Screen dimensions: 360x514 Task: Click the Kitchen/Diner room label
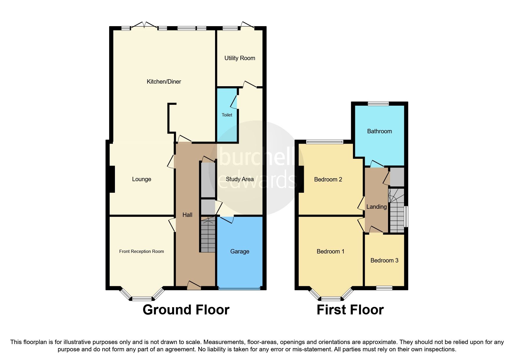[164, 82]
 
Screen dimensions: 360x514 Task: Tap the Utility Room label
[239, 58]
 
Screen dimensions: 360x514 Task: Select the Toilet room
[227, 115]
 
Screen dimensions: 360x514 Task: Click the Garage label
[239, 251]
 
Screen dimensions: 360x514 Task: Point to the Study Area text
[239, 179]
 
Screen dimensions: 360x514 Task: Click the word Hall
[187, 215]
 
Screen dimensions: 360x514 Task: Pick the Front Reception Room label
[141, 251]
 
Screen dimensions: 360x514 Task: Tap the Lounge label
[141, 179]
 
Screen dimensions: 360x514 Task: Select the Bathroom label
[379, 131]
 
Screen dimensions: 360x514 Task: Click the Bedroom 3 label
[384, 260]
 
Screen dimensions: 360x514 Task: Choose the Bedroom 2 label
[328, 179]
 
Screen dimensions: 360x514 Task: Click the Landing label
[376, 207]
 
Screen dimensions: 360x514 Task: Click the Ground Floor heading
[186, 310]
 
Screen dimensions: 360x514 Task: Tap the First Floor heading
[350, 310]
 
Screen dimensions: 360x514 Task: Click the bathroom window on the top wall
[378, 103]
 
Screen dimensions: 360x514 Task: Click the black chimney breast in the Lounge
[112, 179]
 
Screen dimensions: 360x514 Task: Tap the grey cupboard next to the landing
[397, 177]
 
